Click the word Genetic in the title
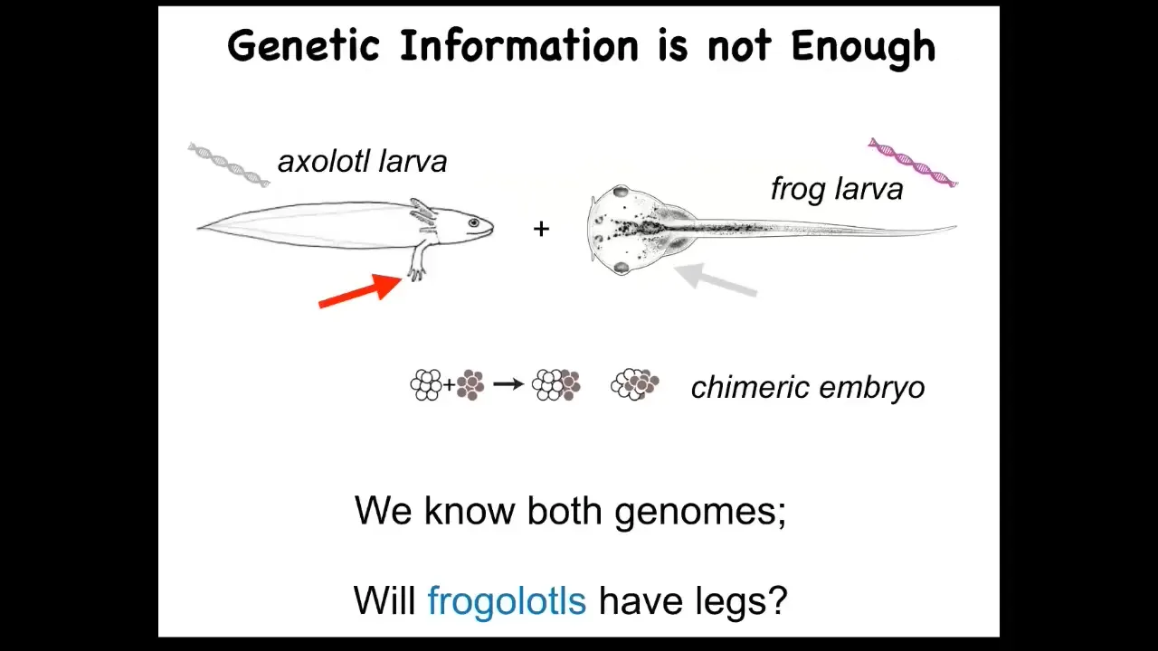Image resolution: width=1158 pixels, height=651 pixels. point(304,46)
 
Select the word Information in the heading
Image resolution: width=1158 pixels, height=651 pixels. point(519,45)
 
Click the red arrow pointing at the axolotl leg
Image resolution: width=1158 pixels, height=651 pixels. point(360,291)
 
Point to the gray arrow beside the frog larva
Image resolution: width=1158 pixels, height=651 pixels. point(716,279)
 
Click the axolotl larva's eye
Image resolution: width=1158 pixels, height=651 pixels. point(474,222)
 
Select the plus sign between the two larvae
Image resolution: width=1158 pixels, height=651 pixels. point(541,229)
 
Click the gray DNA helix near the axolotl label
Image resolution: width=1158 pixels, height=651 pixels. point(229,165)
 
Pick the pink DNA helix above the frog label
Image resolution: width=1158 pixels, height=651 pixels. point(913,162)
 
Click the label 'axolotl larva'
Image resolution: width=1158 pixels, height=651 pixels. point(363,161)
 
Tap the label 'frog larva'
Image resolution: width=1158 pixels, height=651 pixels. point(837,189)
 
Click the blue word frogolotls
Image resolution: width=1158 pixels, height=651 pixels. point(507,600)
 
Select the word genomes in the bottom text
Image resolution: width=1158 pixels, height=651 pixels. point(700,513)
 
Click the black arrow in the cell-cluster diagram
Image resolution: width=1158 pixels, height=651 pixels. point(508,384)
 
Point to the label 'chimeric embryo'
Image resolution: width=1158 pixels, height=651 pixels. point(808,388)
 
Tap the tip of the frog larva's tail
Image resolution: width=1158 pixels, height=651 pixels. point(956,226)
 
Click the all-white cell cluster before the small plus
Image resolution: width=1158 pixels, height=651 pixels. point(426,385)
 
